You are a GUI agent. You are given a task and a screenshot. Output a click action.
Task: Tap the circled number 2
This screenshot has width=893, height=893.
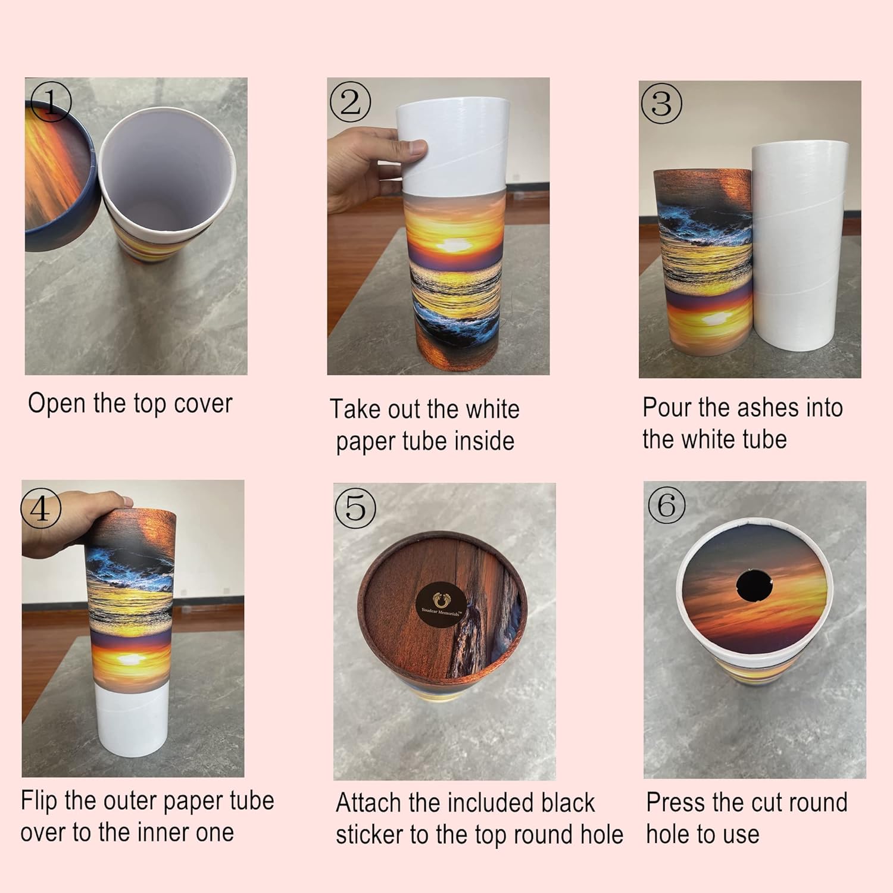point(350,101)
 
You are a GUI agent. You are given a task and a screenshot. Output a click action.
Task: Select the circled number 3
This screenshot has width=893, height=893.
point(661,104)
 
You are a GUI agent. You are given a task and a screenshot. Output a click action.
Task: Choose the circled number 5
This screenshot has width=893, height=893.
point(355,508)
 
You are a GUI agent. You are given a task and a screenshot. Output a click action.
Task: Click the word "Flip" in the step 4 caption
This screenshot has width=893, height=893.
point(39,801)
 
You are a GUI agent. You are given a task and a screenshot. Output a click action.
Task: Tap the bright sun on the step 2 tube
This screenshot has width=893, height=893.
point(455,244)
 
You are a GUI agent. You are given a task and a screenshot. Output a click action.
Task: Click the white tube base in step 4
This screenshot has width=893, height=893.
point(130,719)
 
